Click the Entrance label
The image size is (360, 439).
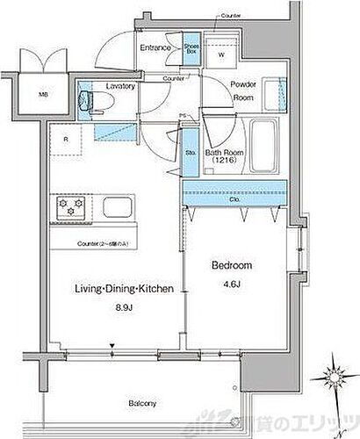[155, 48]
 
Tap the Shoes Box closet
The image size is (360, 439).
[191, 49]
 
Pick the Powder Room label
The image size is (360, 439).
[242, 90]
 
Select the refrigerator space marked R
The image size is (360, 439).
[65, 139]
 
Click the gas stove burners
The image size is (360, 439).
[71, 209]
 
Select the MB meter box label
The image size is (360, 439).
[42, 95]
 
